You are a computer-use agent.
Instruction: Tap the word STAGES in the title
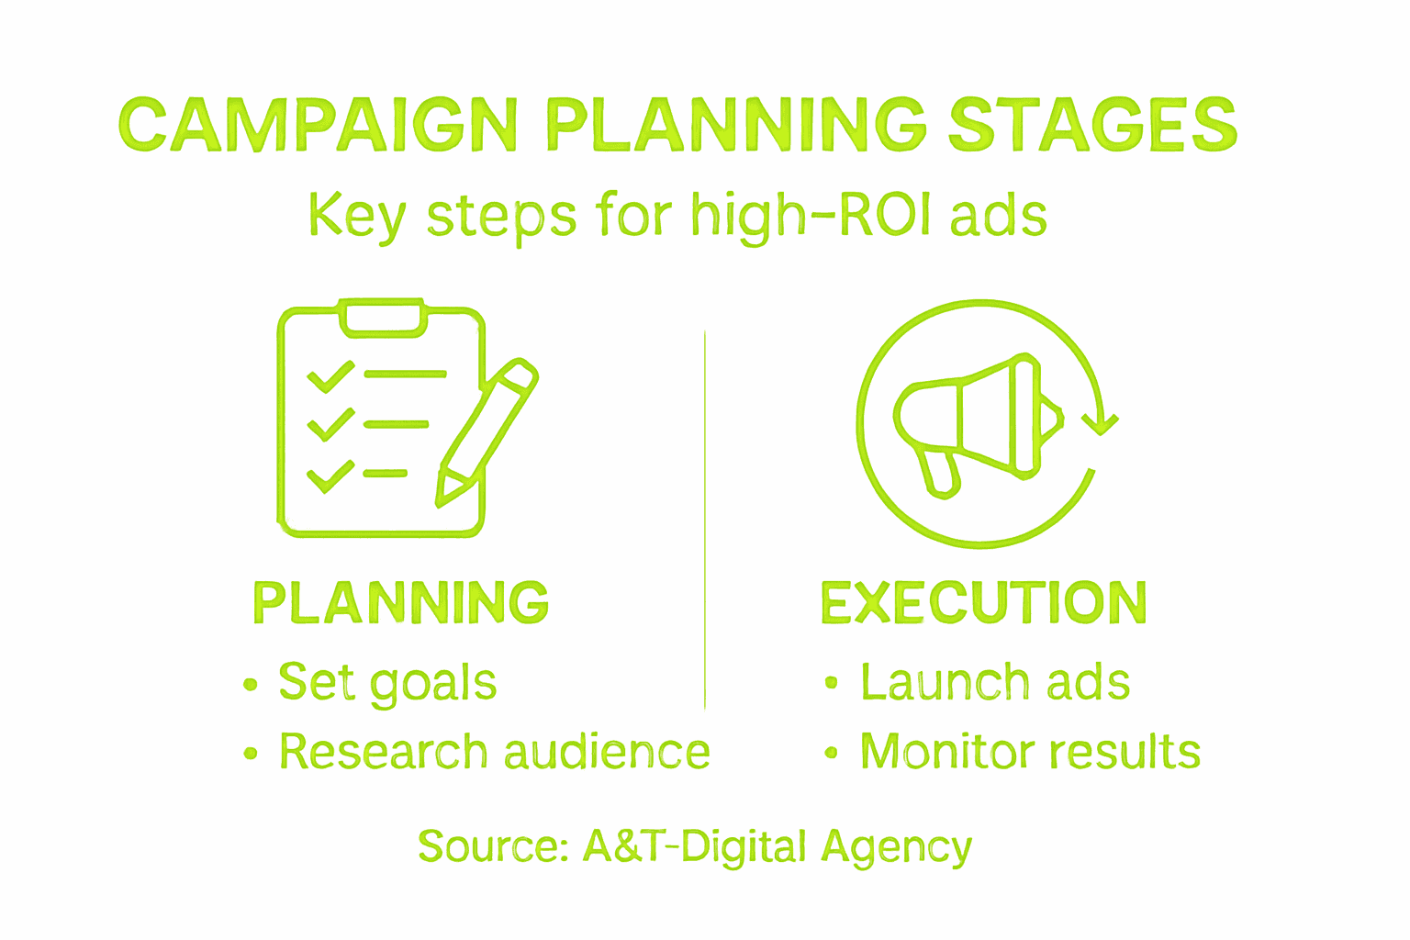(x=1092, y=125)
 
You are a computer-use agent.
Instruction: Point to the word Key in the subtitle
(x=357, y=217)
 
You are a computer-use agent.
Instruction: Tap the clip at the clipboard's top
(x=383, y=317)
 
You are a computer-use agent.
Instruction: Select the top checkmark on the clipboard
(x=330, y=376)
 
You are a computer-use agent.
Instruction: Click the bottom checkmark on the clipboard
(x=330, y=476)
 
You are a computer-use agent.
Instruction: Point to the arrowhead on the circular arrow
(x=1099, y=424)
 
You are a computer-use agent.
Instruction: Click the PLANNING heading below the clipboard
(x=401, y=603)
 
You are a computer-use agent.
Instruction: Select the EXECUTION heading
(x=984, y=603)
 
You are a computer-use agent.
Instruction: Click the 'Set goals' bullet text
(x=387, y=682)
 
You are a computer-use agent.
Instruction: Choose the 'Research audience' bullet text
(x=495, y=752)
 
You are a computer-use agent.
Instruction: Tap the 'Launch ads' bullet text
(x=995, y=682)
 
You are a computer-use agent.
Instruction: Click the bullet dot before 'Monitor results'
(x=831, y=753)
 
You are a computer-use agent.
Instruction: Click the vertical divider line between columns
(x=705, y=519)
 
